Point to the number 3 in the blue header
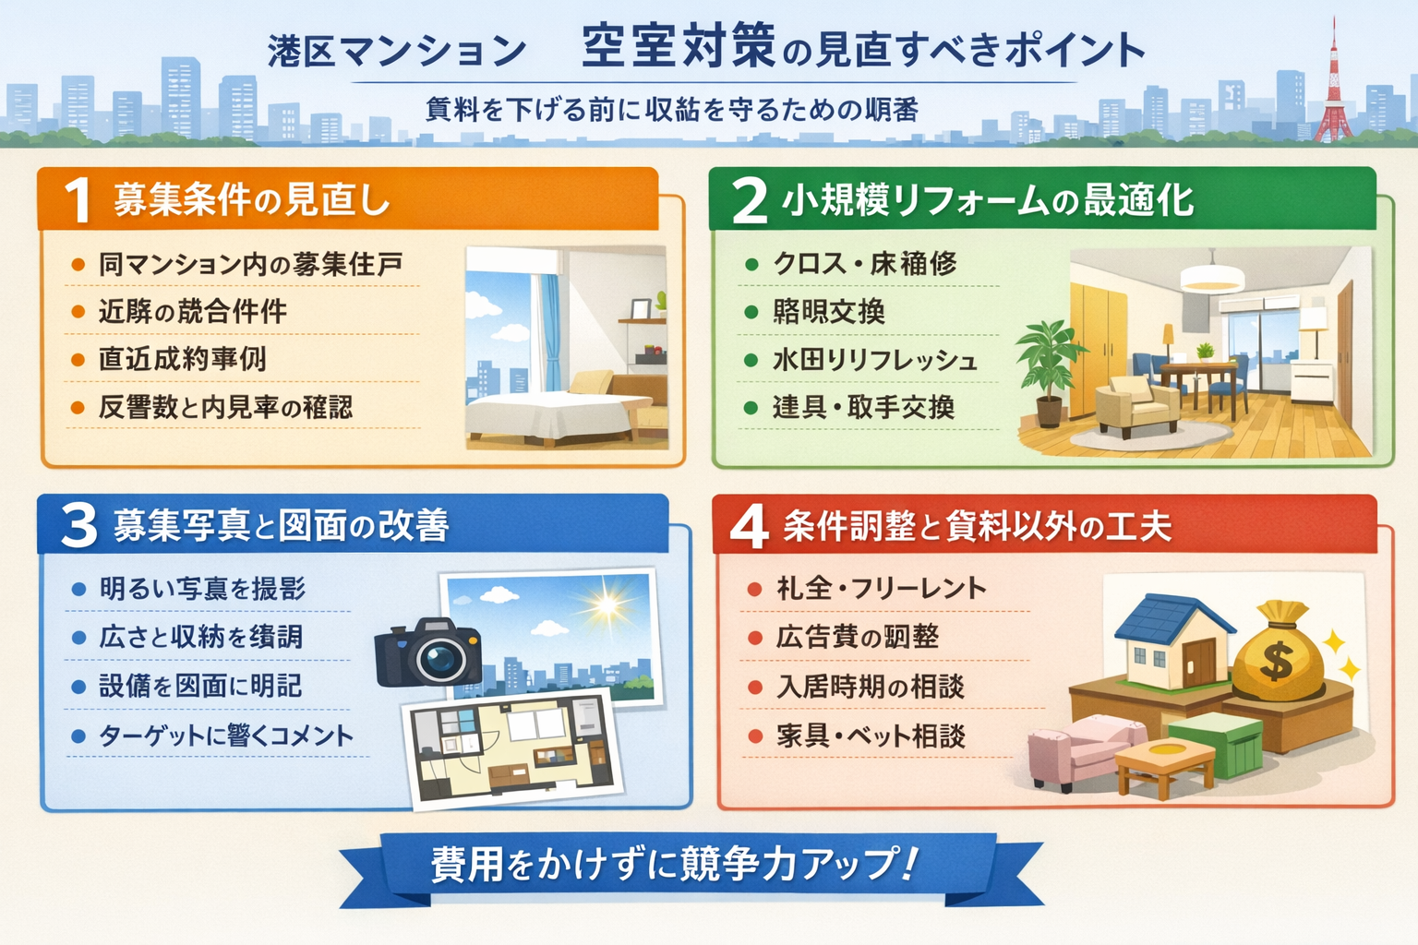coord(79,525)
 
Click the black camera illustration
coord(428,652)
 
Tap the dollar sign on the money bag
coord(1277,662)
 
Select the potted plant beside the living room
coord(1050,369)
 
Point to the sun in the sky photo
coord(607,605)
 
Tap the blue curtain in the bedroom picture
coord(550,332)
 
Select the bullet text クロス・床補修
coord(864,264)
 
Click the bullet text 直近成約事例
coord(182,358)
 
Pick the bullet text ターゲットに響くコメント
coord(226,736)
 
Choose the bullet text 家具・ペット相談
coord(871,736)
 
